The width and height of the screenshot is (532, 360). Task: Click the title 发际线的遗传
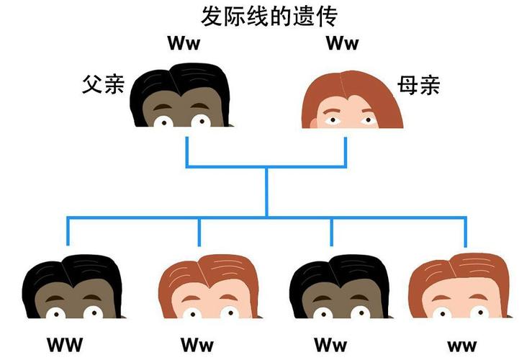coord(269,17)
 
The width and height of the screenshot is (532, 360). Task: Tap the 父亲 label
coord(103,84)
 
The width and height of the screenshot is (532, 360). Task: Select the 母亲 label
coord(419,85)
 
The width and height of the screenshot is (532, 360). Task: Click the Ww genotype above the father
coord(184,43)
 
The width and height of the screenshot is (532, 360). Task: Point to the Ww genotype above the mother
coord(342,43)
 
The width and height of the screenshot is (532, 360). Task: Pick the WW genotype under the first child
coord(65,345)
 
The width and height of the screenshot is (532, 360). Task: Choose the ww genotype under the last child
coord(461,346)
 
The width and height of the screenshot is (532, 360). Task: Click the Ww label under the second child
coord(197,345)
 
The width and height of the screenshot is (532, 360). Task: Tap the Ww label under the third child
coord(330,345)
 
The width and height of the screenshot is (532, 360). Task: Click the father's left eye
coord(163,122)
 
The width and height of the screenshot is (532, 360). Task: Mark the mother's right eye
coord(369,120)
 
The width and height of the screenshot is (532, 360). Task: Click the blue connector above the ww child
coord(466,232)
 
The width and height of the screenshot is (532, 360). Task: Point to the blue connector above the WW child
coord(68,231)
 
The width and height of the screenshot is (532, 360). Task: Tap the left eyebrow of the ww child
coord(441,298)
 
